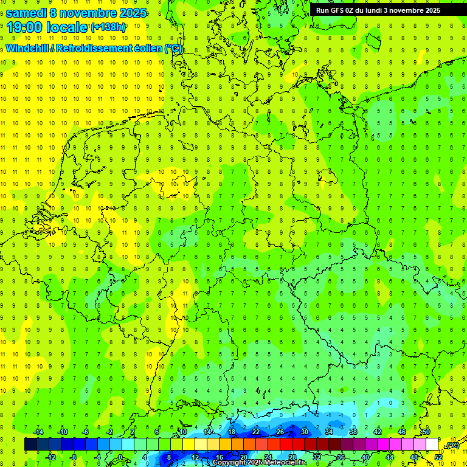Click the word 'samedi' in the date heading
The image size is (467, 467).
26,13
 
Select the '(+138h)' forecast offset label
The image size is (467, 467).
108,27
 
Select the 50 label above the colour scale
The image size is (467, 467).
426,432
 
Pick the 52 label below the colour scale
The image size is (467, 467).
438,457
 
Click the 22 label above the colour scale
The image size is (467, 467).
256,432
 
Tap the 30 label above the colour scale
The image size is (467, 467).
305,432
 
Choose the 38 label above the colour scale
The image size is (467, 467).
353,432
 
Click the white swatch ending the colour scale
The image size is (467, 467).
432,445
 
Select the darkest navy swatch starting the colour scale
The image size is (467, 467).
30,445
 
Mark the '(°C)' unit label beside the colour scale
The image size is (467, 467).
452,445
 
